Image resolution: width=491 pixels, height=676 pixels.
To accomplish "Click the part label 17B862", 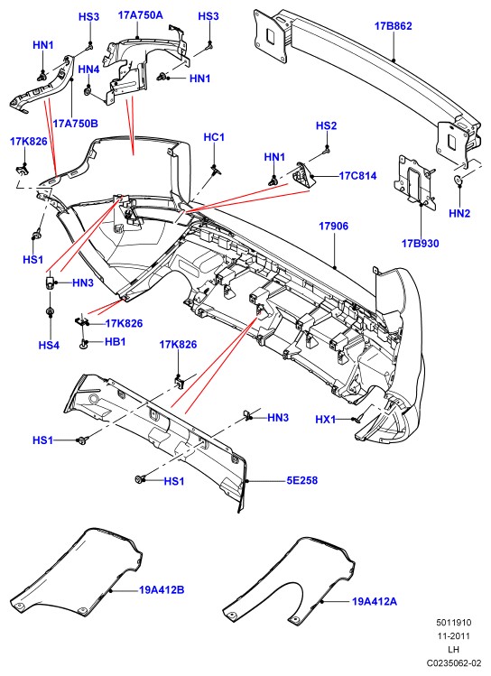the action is (393, 26).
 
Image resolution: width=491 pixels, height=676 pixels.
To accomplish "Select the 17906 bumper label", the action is (333, 226).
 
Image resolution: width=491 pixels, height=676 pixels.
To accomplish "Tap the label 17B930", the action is (420, 244).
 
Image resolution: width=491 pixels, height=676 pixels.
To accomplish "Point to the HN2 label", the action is (459, 213).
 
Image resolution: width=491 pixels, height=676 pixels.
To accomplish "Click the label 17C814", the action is (357, 176).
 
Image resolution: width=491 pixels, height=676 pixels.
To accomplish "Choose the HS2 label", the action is (326, 125).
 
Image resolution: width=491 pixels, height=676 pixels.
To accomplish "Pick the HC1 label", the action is (214, 137).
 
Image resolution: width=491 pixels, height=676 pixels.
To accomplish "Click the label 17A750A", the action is (141, 15).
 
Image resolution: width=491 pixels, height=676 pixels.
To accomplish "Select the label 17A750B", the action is (76, 124).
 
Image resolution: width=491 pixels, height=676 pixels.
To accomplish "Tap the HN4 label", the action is (88, 69).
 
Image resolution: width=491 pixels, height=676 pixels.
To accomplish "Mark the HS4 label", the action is (49, 346).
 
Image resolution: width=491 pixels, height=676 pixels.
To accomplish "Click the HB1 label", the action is (116, 342).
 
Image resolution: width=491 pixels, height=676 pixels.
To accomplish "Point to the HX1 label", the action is (326, 420).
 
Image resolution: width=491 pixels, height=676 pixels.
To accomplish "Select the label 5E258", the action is (302, 480).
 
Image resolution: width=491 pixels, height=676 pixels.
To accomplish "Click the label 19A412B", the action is (162, 589).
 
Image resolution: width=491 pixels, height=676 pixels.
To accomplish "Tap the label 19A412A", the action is (375, 601).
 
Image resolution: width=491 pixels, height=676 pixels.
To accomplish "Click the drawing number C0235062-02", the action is (454, 662).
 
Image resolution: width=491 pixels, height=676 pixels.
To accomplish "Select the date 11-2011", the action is (454, 636).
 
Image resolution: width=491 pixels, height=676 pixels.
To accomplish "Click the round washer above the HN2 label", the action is (459, 181).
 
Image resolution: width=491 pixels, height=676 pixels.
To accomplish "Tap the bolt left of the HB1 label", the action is (83, 344).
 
